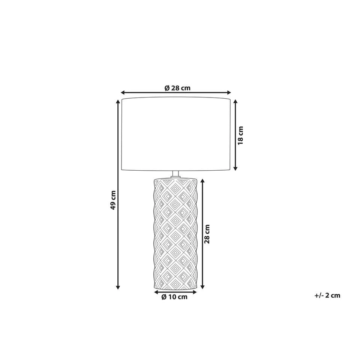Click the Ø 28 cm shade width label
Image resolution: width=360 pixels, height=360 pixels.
tap(177, 88)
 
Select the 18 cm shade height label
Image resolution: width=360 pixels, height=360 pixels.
tap(240, 135)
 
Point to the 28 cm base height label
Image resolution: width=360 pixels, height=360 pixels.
tap(207, 234)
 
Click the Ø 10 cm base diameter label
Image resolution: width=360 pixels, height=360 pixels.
tap(174, 297)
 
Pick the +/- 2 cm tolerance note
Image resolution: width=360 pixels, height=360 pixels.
tap(327, 295)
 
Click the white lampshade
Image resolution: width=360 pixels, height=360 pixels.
tap(176, 134)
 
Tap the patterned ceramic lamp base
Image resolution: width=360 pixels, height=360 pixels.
tap(175, 234)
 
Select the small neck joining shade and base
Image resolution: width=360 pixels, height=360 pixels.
tap(175, 174)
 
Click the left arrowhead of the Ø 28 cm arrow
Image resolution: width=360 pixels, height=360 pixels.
tap(123, 93)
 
